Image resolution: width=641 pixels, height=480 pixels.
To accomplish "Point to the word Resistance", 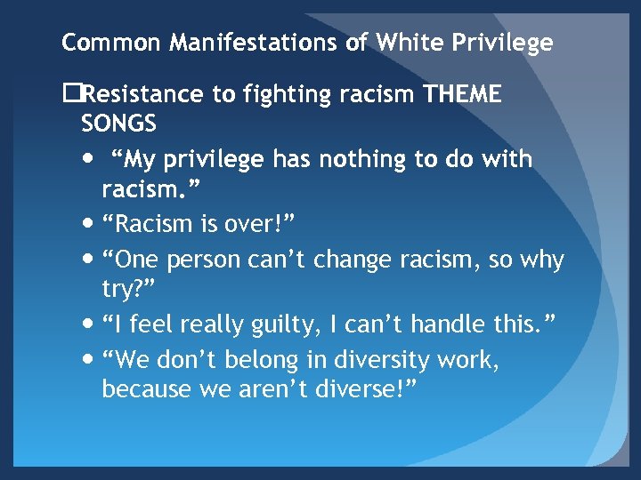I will point(149,94).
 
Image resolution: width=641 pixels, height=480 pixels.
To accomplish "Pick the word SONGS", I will point(118,122).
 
